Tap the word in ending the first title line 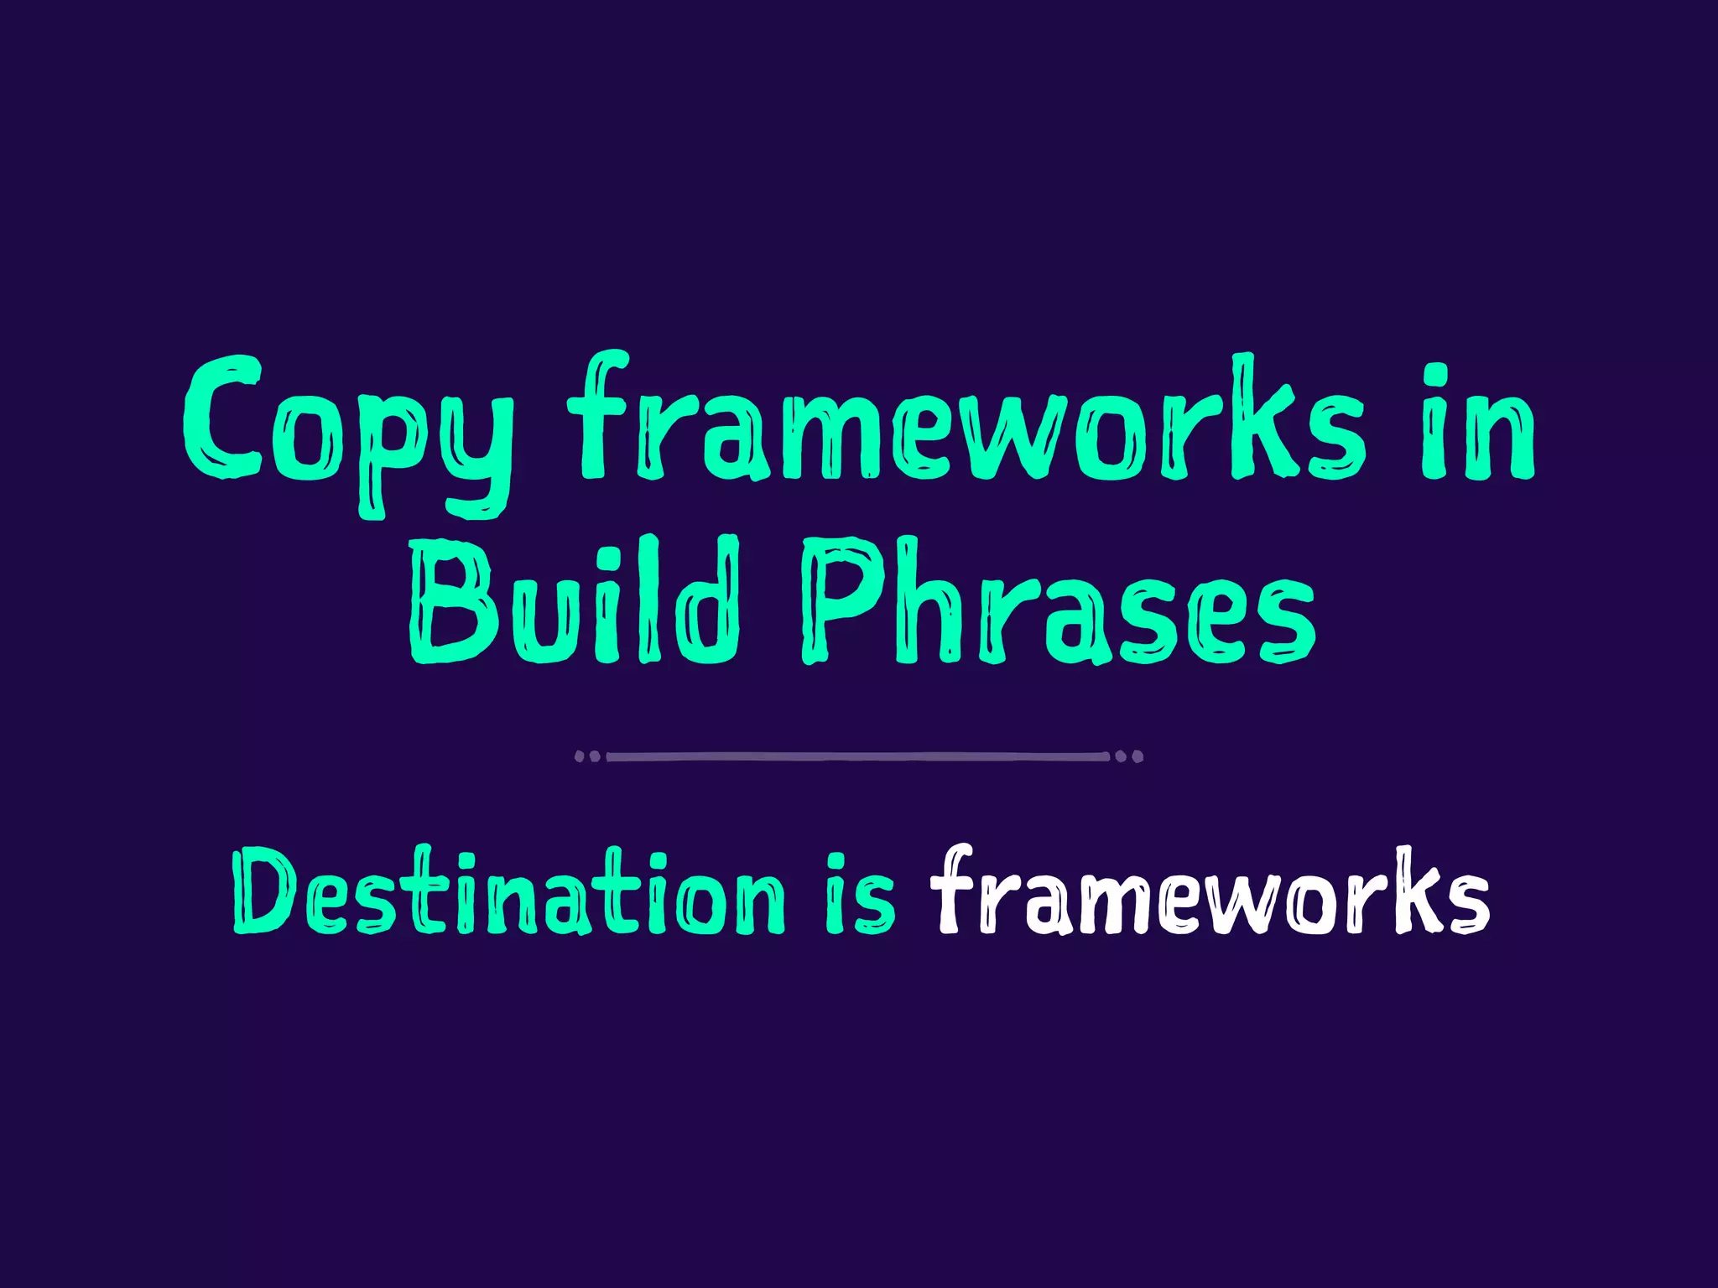tap(1477, 423)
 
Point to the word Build tap(575, 600)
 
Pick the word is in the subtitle tap(860, 894)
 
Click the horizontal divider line tap(857, 756)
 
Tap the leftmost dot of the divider tap(579, 756)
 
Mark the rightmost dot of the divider tap(1138, 756)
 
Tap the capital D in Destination tap(264, 891)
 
